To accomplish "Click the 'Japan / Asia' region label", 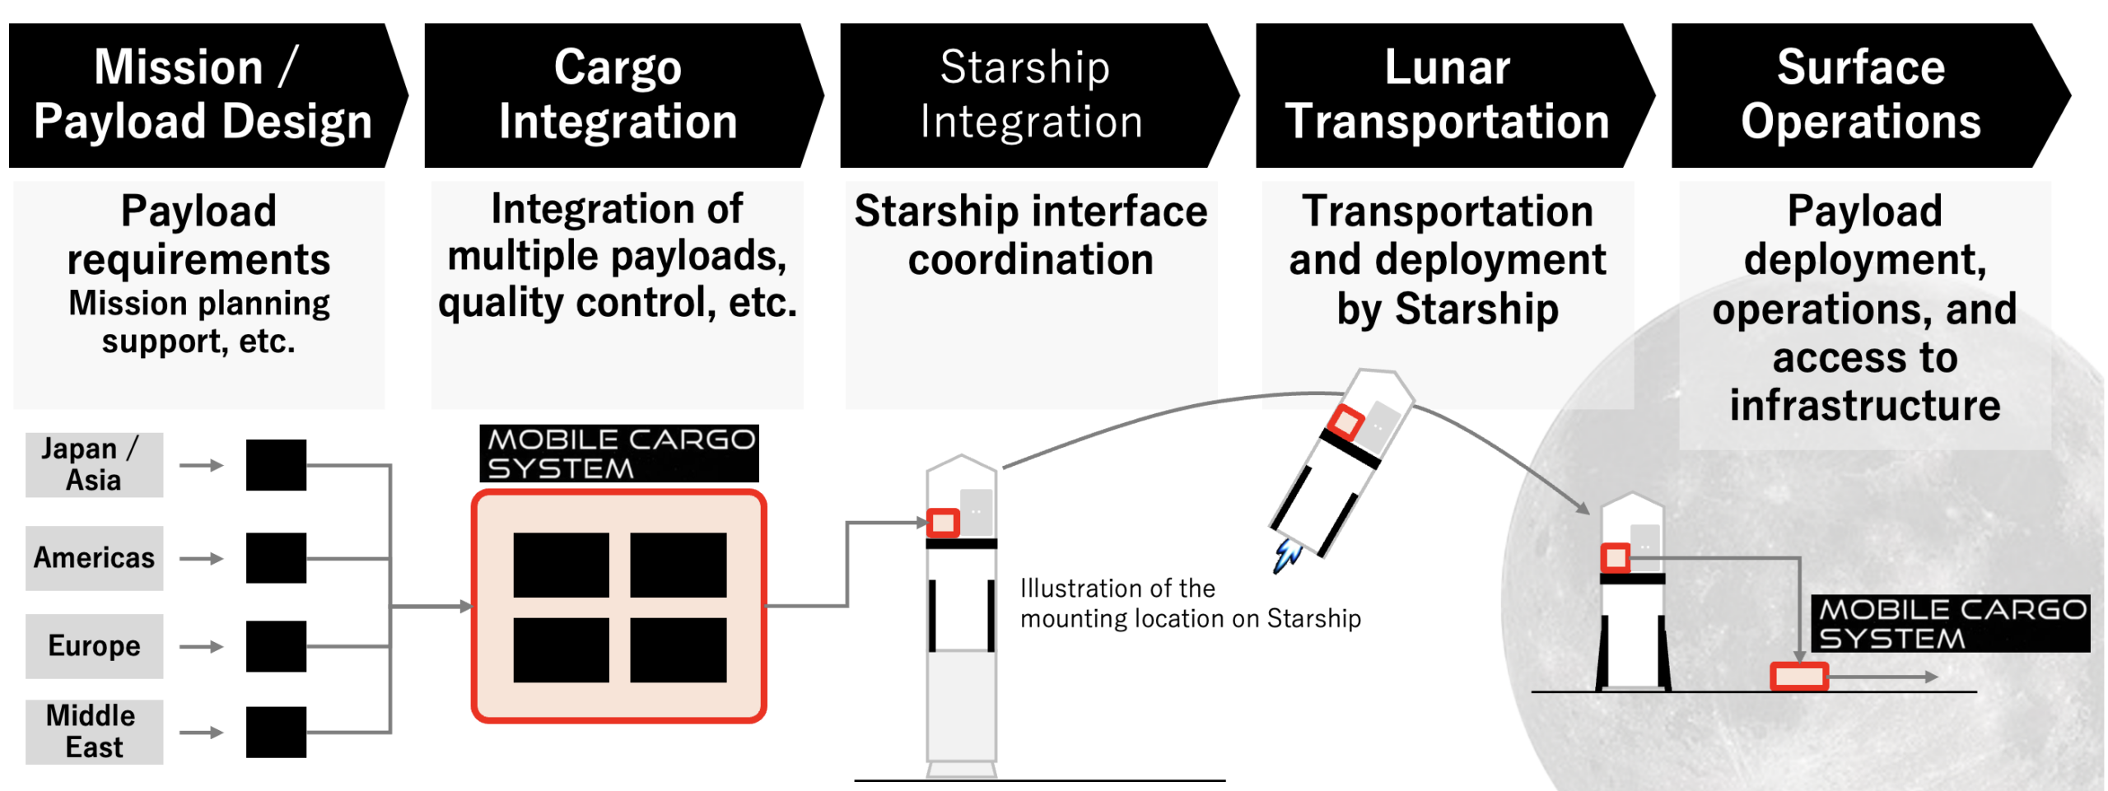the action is pos(94,465).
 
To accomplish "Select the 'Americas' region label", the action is pos(94,558).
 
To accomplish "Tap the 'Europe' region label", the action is pos(94,646).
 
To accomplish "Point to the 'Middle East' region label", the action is pos(94,732).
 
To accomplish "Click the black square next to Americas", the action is pos(276,558).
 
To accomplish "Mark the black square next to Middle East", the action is pos(276,732).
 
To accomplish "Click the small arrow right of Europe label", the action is pos(202,646).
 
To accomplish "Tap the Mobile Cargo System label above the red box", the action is pos(619,454).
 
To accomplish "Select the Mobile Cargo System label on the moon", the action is pos(1950,623).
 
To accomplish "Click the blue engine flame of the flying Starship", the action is pos(1286,556).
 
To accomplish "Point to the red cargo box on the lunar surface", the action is pos(1799,677).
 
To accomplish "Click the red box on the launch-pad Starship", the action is pos(944,523).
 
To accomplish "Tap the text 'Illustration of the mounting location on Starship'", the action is pos(1191,603).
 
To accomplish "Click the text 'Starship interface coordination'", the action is pos(1031,235).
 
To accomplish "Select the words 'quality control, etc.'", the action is pos(618,303).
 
